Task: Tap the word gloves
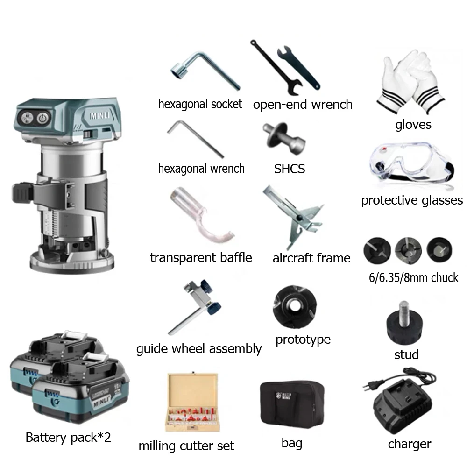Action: coord(413,124)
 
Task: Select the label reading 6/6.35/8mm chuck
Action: coord(411,278)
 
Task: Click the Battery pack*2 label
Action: coord(68,438)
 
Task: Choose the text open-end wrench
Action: coord(302,104)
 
